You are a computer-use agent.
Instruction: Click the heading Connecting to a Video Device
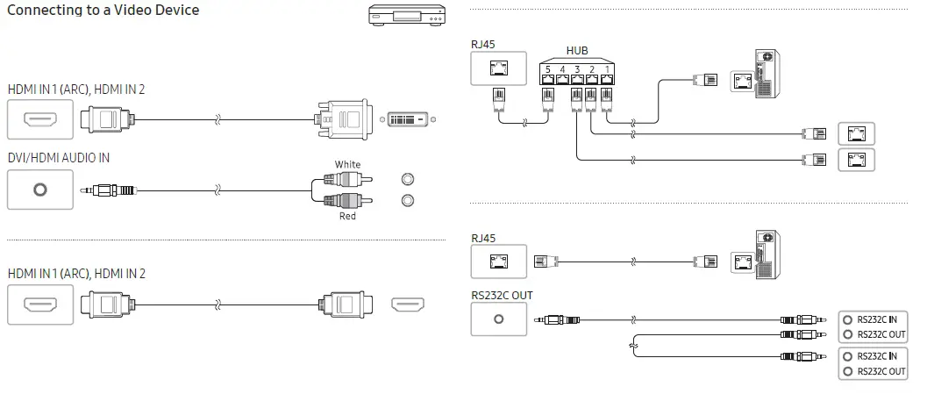point(103,11)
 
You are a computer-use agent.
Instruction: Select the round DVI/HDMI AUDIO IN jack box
point(39,190)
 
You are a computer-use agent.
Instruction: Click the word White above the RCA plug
point(347,165)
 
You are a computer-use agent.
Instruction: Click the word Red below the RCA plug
point(347,216)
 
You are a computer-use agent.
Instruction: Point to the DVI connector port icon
point(409,118)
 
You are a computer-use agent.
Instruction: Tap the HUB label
point(578,52)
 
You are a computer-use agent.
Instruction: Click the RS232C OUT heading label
point(502,295)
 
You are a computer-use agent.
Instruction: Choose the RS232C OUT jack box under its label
point(499,319)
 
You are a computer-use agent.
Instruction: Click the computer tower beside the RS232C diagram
point(765,255)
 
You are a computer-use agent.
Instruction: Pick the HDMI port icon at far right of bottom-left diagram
point(408,305)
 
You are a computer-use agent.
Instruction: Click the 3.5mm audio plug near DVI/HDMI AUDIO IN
point(110,190)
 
